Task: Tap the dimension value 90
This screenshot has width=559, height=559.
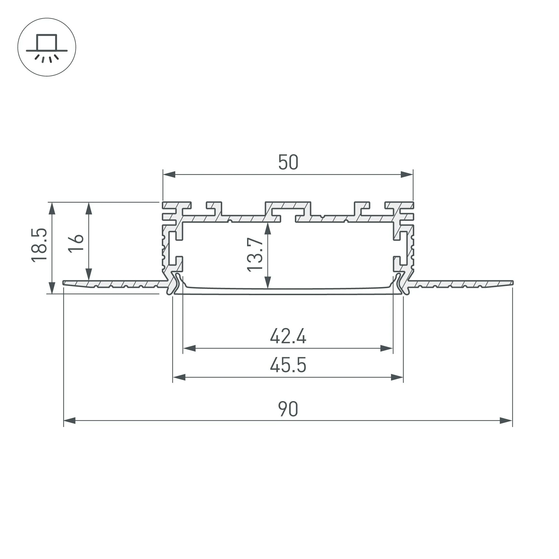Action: pyautogui.click(x=288, y=409)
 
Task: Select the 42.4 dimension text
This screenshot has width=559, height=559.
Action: pyautogui.click(x=288, y=337)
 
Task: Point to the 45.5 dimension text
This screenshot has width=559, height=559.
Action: pyautogui.click(x=288, y=365)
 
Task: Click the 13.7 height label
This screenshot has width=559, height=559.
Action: pyautogui.click(x=255, y=255)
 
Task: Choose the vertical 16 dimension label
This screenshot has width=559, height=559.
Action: pyautogui.click(x=76, y=244)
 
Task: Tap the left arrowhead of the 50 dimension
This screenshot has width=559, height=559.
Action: pyautogui.click(x=169, y=174)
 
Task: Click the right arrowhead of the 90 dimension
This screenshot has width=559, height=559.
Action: pyautogui.click(x=506, y=421)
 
